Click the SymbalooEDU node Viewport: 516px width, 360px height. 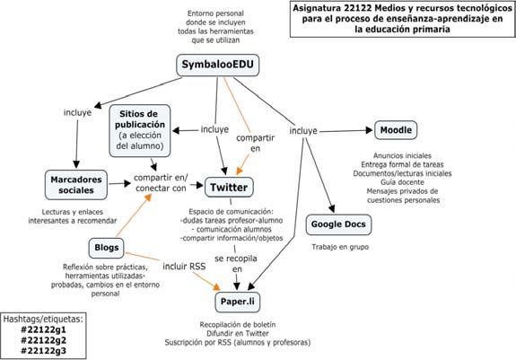click(218, 66)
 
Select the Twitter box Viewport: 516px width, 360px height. click(229, 188)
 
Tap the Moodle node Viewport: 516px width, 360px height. click(396, 130)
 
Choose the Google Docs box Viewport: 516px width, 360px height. click(338, 224)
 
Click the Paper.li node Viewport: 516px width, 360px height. click(238, 302)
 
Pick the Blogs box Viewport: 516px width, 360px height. click(106, 248)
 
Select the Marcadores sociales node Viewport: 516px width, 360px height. click(76, 185)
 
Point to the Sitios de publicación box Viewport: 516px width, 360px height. click(140, 131)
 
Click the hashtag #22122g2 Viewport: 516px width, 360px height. click(43, 340)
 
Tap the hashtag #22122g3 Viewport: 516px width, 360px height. click(43, 351)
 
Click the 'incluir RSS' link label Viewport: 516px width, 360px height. click(184, 267)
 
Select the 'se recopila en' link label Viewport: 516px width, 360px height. click(236, 264)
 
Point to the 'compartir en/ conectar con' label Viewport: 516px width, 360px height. click(161, 183)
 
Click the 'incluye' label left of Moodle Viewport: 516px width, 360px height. click(303, 131)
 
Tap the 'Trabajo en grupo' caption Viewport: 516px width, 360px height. click(340, 247)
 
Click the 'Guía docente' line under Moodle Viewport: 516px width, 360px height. click(402, 182)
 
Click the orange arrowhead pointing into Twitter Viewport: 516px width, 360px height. click(240, 171)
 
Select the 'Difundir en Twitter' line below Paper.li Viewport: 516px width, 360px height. click(238, 334)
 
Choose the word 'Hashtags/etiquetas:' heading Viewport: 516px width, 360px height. click(43, 320)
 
